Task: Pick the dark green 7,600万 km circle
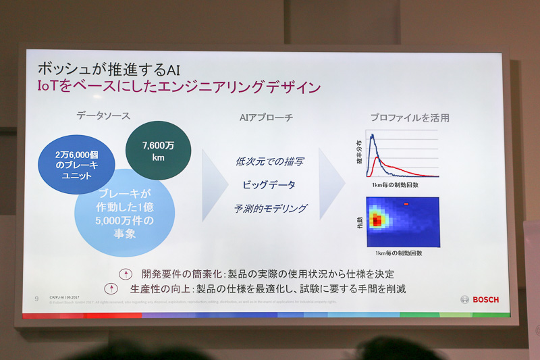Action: (158, 150)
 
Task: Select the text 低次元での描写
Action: (269, 161)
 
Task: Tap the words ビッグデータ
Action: (269, 184)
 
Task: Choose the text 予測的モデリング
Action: (270, 209)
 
